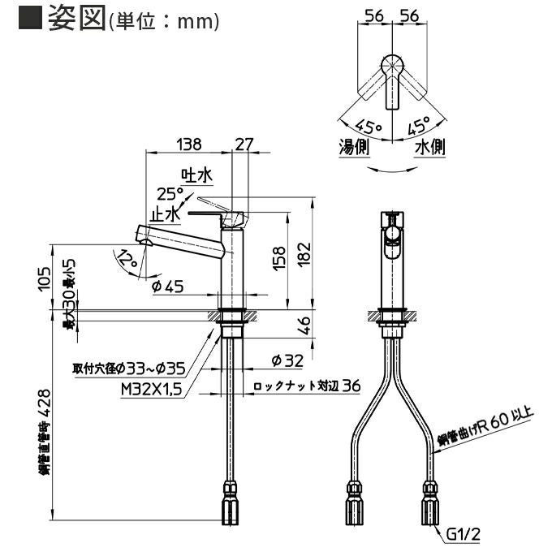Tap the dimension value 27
243,144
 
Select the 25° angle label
169,194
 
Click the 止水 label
165,214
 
